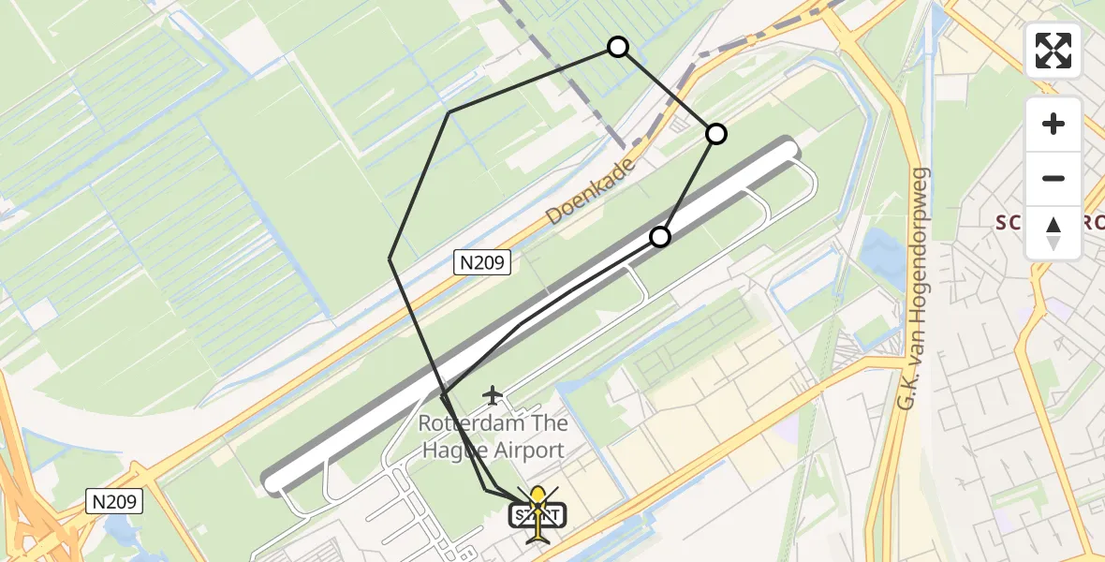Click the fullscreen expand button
pyautogui.click(x=1053, y=51)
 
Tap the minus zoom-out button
pyautogui.click(x=1053, y=179)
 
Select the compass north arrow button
pyautogui.click(x=1053, y=231)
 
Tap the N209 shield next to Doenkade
pyautogui.click(x=483, y=263)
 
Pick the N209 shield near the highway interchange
pyautogui.click(x=115, y=502)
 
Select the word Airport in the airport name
pyautogui.click(x=530, y=451)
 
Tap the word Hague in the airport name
pyautogui.click(x=452, y=451)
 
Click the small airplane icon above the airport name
pyautogui.click(x=493, y=396)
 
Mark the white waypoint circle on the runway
pyautogui.click(x=660, y=236)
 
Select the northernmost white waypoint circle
pyautogui.click(x=618, y=47)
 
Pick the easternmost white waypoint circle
pyautogui.click(x=715, y=134)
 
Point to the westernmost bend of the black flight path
pyautogui.click(x=390, y=258)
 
